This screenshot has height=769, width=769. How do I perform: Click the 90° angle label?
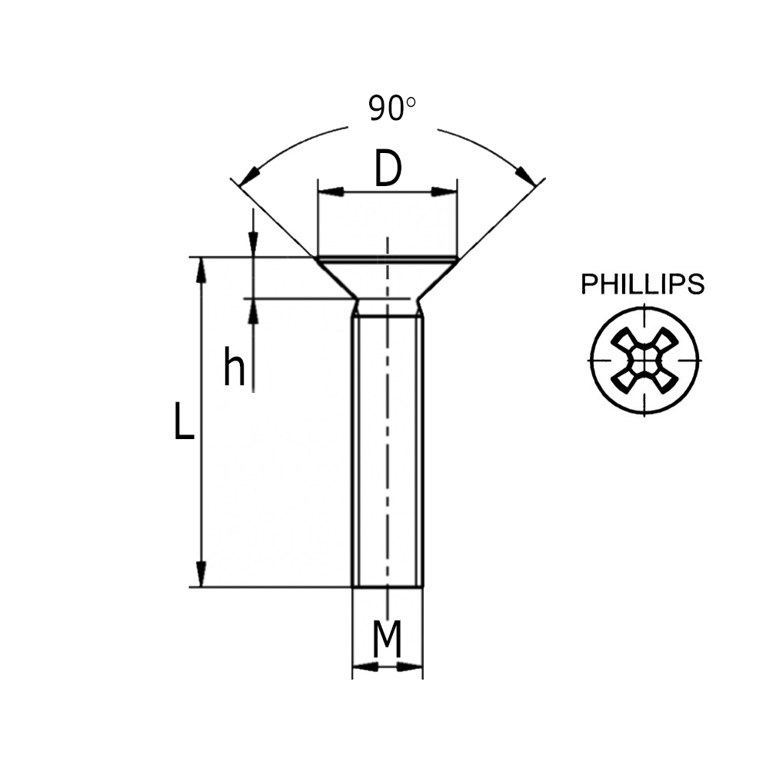(x=391, y=108)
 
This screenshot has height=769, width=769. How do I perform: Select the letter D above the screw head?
(x=388, y=169)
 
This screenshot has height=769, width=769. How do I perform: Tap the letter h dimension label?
(x=234, y=367)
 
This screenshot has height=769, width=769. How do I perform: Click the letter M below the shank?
(x=388, y=640)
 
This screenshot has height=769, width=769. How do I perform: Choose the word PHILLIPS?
(x=642, y=285)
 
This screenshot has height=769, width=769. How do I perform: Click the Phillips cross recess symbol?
(x=644, y=360)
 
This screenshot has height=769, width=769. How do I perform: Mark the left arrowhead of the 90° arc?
(x=248, y=178)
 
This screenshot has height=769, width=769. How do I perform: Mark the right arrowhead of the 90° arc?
(x=527, y=176)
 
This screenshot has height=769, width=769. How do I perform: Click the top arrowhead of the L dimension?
(x=201, y=269)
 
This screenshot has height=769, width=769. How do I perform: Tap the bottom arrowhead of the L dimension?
(x=201, y=574)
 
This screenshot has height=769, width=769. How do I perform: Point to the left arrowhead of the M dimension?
(x=365, y=666)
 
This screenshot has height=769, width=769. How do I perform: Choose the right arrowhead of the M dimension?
(x=411, y=666)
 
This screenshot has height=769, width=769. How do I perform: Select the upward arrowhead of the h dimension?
(x=252, y=310)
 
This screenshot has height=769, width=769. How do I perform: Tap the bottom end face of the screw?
(x=388, y=586)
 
